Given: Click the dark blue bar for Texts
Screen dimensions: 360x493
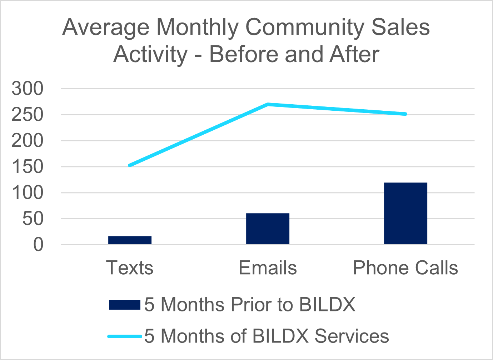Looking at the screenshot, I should pos(130,240).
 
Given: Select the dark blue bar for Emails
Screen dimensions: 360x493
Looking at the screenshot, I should pos(268,229).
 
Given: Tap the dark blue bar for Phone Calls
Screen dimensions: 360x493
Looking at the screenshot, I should pos(405,213).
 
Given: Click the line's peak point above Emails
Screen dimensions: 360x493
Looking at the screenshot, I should pos(268,104).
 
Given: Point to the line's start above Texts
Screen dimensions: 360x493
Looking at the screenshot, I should pos(130,165).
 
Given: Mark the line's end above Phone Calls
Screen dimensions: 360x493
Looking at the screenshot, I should pos(405,114).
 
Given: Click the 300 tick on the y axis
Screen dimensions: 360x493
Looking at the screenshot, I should pos(27,89).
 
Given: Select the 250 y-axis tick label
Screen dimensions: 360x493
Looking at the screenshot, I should pos(27,115).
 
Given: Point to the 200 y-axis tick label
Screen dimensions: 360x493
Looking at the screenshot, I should pos(27,141).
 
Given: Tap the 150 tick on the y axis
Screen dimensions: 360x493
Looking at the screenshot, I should pos(27,167).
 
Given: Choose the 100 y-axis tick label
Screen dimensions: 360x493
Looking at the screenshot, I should pos(27,193).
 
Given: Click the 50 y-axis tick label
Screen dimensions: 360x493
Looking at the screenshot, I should pos(33,219).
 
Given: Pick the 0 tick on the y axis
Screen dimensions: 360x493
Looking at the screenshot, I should pos(38,245).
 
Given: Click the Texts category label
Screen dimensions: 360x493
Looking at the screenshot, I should pos(130,268).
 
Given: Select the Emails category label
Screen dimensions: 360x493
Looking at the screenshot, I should pos(268,268).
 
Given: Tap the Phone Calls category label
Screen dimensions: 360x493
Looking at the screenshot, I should pos(405,268).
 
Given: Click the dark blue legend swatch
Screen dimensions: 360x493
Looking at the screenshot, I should pos(124,305).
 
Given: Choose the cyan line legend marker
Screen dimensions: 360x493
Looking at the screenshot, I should pos(124,336).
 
